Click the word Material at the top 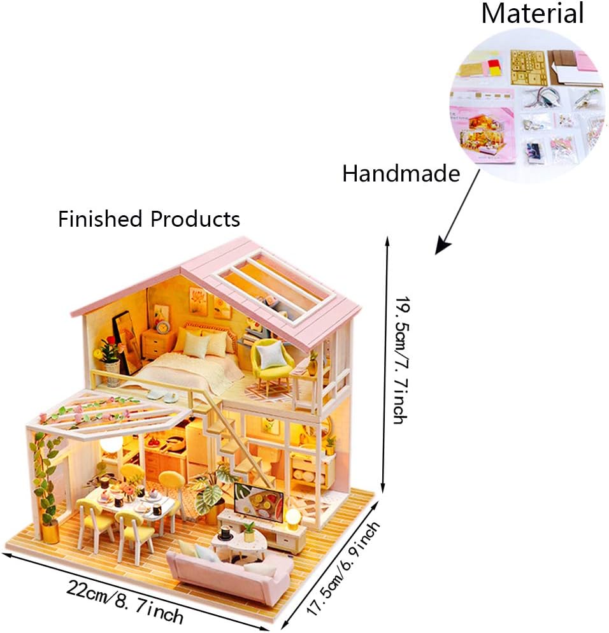[533, 13]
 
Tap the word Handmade [401, 174]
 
